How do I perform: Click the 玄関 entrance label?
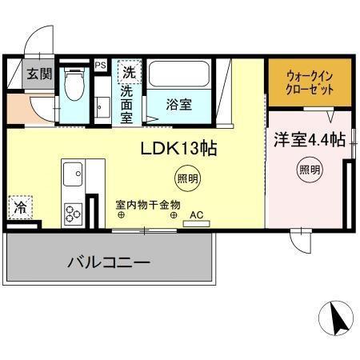point(39,74)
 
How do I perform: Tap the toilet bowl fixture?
point(74,83)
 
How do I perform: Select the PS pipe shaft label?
point(101,65)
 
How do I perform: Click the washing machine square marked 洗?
point(130,72)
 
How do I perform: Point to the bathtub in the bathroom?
point(179,74)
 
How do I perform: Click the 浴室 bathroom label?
point(179,104)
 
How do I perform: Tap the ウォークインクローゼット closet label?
point(310,83)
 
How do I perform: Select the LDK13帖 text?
point(178,148)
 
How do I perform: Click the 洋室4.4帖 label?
point(310,139)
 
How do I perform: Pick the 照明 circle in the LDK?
point(188,178)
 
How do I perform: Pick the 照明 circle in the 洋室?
point(310,170)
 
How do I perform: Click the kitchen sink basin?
point(73,174)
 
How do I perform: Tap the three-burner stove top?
point(73,214)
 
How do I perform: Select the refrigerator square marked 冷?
point(20,207)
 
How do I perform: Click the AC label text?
point(196,215)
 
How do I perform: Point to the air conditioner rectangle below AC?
point(197,224)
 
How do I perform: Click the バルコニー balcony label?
point(109,262)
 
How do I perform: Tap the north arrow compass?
point(336,318)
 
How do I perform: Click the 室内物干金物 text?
point(148,205)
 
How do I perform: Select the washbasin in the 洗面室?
point(102,107)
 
